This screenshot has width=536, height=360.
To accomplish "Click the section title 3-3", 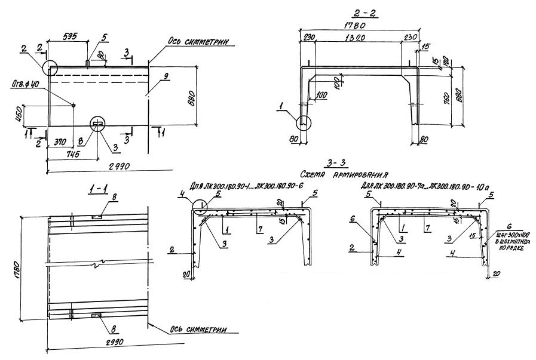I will click(338, 161).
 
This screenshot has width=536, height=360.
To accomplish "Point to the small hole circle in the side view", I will click(73, 106).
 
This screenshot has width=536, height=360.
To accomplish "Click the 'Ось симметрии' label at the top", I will click(195, 42).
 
